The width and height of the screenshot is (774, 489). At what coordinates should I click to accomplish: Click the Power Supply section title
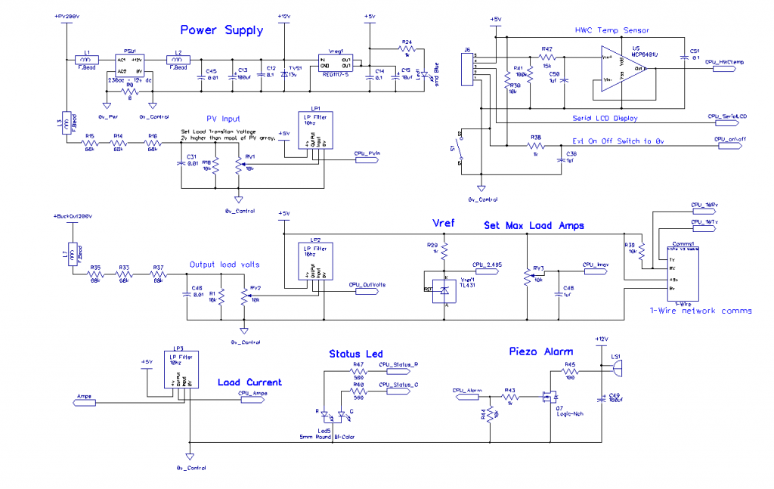tap(221, 30)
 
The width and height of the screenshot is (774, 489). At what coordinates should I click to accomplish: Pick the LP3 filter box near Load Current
tap(181, 370)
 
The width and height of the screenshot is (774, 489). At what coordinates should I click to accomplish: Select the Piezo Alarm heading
tap(540, 351)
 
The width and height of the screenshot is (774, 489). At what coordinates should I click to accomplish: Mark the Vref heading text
tap(444, 224)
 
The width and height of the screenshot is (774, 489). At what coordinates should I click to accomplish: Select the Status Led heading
tap(356, 354)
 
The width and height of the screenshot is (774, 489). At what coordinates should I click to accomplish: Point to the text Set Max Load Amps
tap(534, 224)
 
